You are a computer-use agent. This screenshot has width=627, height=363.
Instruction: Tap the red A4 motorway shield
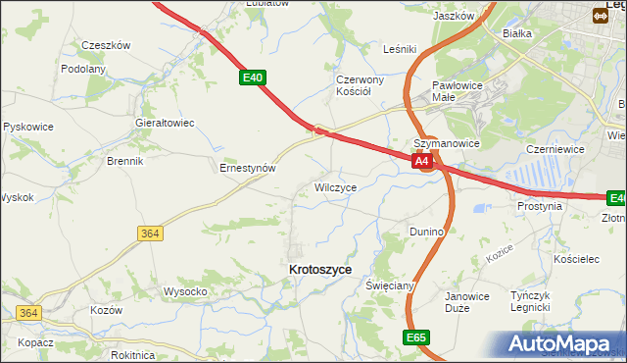[422, 161]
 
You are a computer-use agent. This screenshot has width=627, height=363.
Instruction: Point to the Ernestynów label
[247, 168]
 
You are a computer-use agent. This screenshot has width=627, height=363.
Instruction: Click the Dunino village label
[427, 232]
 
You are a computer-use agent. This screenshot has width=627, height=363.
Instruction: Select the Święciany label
[391, 285]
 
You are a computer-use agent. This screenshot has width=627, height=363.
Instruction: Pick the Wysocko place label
[185, 291]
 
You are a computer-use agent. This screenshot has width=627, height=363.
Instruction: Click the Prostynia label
[540, 207]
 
